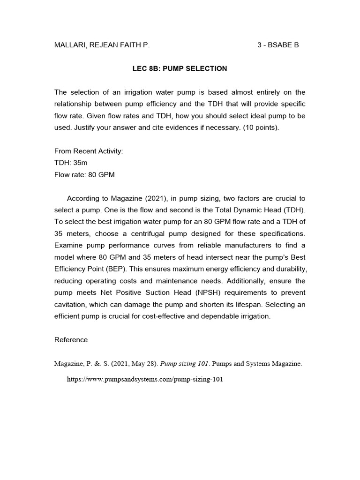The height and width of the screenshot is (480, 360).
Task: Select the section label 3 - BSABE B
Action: click(278, 45)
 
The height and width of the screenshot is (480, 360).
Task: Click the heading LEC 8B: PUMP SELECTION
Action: click(180, 68)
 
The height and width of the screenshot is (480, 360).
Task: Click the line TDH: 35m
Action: click(71, 163)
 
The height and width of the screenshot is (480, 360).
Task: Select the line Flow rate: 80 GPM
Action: click(84, 174)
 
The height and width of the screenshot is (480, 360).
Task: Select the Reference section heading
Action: click(71, 340)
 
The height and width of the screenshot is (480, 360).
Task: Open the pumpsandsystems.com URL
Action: click(144, 379)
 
